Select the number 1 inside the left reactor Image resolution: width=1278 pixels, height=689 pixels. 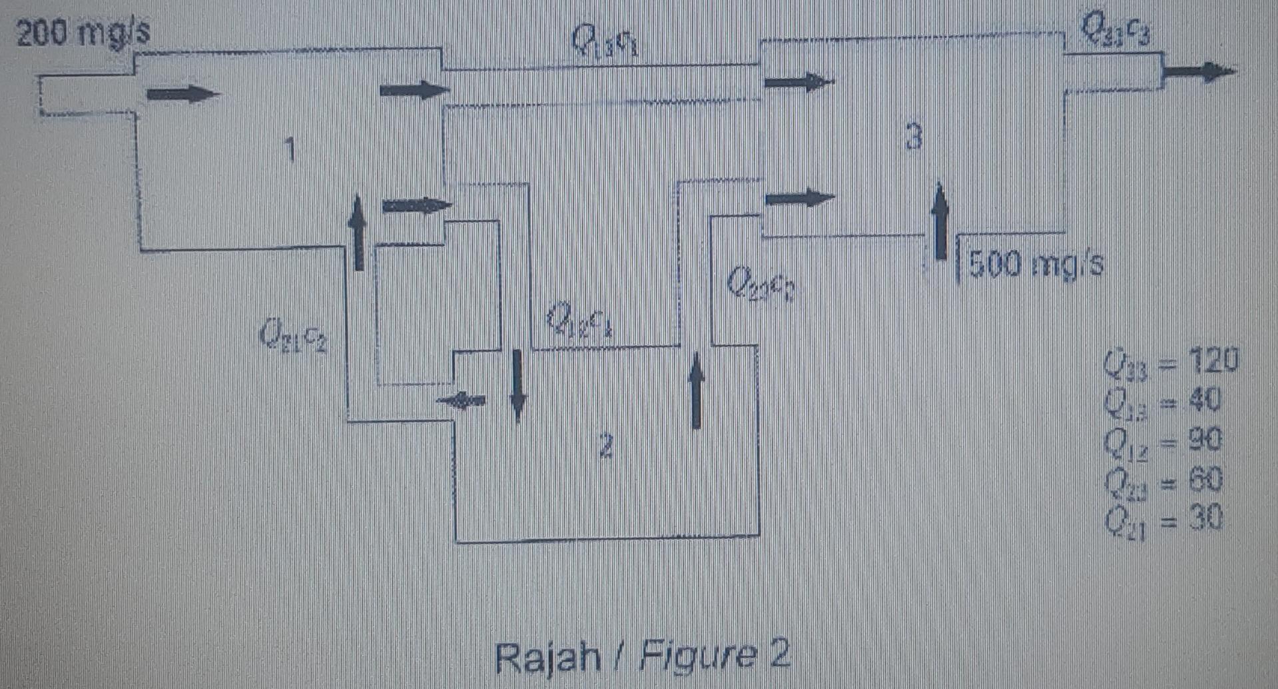point(289,149)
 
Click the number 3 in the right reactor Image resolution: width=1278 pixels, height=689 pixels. point(914,137)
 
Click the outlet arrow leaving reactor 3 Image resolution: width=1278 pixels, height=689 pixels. point(1199,71)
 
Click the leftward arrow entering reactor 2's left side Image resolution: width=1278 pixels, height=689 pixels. point(461,400)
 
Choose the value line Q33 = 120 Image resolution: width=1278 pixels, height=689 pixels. point(1170,361)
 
